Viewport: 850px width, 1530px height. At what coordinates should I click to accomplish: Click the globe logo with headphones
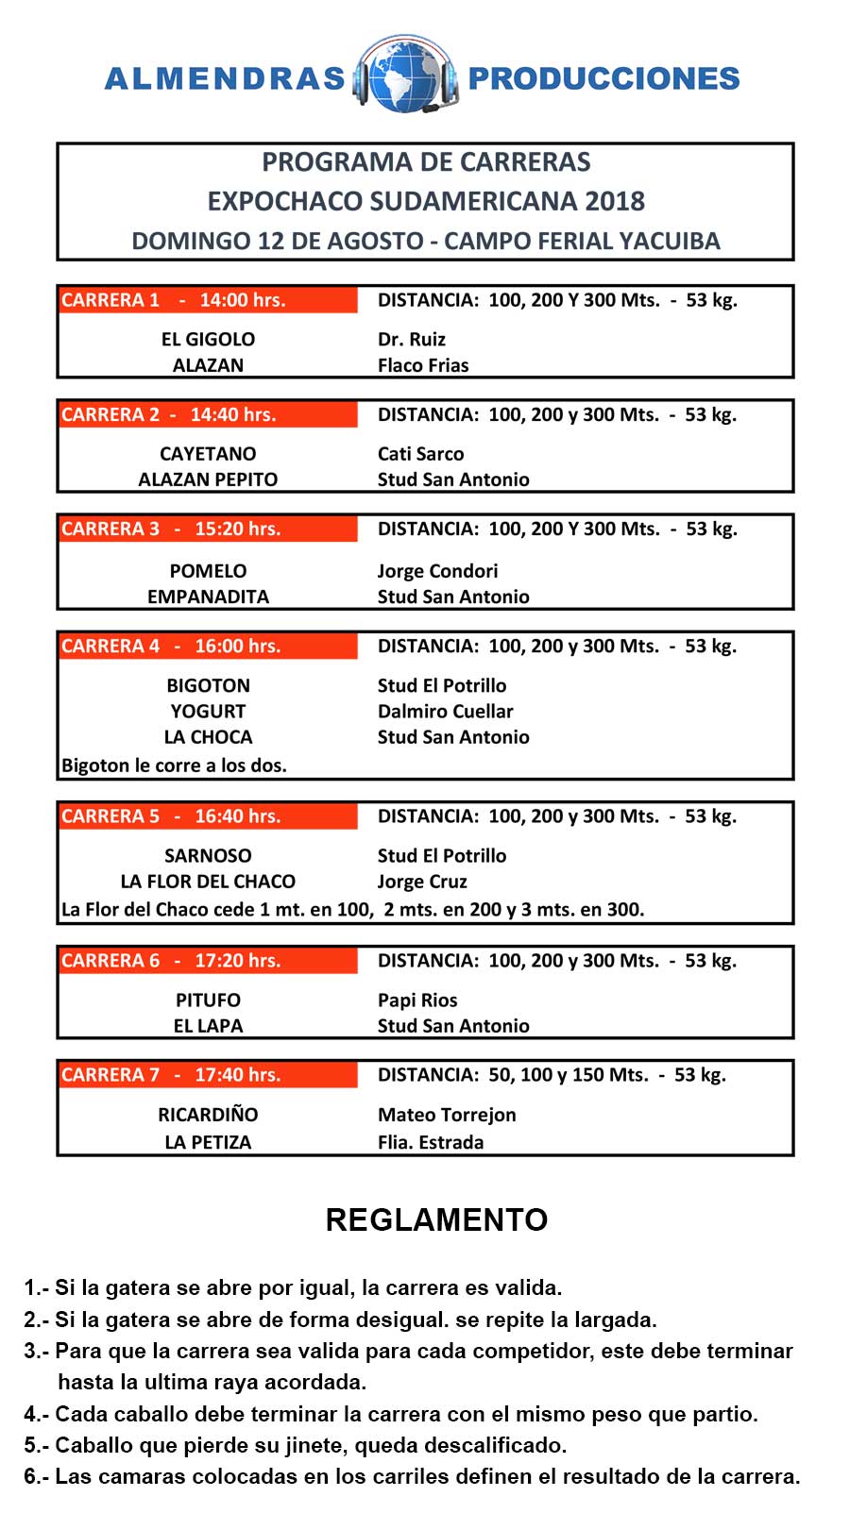tap(406, 76)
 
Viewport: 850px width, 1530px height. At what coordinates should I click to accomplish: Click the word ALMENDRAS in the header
tap(225, 78)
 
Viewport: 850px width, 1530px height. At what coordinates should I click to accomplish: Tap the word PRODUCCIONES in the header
tap(603, 78)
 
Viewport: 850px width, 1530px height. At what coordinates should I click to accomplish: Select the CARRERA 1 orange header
tap(208, 300)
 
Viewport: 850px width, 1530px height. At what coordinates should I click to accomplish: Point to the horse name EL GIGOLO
tap(208, 339)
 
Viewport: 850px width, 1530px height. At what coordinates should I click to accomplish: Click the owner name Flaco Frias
tap(423, 365)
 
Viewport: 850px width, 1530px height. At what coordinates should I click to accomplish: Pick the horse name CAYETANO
tap(208, 453)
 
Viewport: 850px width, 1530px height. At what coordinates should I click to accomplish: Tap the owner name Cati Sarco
tap(420, 453)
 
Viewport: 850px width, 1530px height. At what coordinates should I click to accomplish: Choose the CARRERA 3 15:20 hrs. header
tap(208, 529)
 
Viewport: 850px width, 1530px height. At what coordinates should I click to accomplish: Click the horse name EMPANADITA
tap(208, 597)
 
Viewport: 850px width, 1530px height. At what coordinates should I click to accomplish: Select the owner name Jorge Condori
tap(437, 571)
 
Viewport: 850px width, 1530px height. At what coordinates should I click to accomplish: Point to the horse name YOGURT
tap(208, 711)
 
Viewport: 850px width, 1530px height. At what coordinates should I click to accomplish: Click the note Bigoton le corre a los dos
tap(174, 765)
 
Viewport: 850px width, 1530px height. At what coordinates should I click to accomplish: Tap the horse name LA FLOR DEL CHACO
tap(208, 882)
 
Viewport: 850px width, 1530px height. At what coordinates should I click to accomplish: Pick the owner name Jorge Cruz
tap(422, 882)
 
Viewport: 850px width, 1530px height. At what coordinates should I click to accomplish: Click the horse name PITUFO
tap(208, 1000)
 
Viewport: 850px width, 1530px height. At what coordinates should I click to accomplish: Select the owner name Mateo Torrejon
tap(447, 1115)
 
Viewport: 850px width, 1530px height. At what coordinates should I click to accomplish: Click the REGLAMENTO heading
tap(436, 1219)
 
